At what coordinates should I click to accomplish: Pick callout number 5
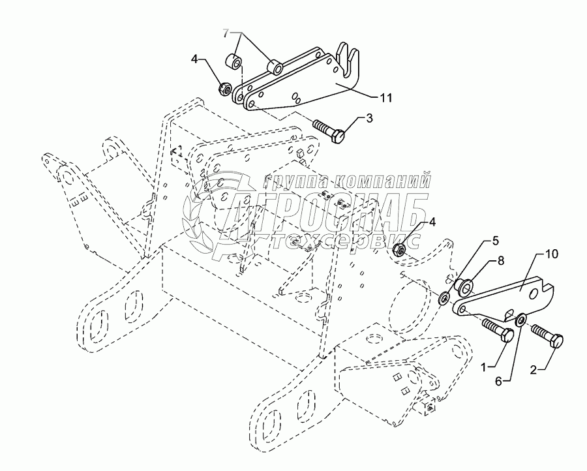click(477, 240)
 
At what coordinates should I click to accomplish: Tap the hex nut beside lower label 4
click(402, 247)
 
